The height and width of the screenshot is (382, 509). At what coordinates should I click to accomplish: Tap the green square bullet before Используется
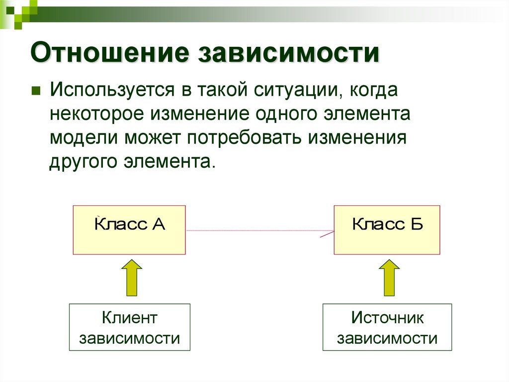click(x=36, y=92)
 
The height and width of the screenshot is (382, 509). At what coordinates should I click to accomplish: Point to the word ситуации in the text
click(x=296, y=92)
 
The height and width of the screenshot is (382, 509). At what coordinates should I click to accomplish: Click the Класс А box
click(x=129, y=230)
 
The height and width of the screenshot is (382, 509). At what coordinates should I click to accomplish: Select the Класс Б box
click(x=387, y=230)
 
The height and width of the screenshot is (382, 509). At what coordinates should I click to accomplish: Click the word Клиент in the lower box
click(x=129, y=317)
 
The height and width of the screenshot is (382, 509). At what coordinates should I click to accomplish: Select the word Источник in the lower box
click(x=387, y=317)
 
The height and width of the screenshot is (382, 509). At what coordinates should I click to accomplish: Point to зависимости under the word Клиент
click(x=129, y=339)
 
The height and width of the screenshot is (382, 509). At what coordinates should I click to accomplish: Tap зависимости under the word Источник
click(x=387, y=339)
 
